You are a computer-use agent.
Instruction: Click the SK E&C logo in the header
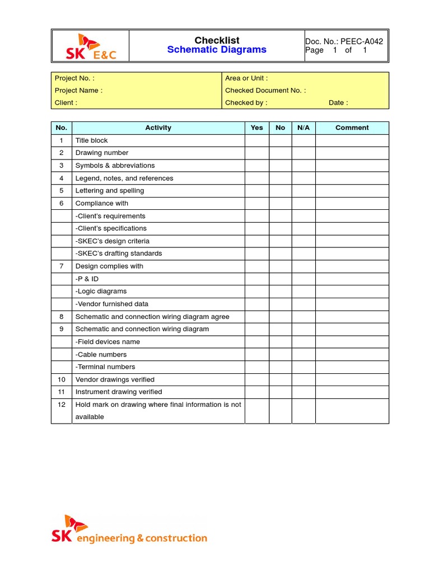point(90,46)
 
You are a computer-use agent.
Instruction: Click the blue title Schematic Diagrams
point(217,50)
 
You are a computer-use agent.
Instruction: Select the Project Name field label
point(78,90)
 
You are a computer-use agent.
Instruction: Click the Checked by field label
point(246,102)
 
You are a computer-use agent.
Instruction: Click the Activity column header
point(158,128)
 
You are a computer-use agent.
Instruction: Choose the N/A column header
point(303,128)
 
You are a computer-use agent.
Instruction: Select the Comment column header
point(352,128)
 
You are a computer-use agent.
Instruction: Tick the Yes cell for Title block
point(256,140)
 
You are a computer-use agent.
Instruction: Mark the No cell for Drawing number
point(280,153)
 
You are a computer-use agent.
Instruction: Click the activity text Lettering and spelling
point(110,191)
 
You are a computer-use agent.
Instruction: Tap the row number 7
point(62,266)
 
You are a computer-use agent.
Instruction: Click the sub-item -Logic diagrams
point(101,292)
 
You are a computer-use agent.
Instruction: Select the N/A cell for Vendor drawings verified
point(303,379)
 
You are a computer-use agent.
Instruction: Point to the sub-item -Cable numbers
point(101,354)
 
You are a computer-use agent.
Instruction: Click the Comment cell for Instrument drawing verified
point(352,392)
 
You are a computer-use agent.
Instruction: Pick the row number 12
point(62,405)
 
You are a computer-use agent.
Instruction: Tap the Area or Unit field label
point(246,78)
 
